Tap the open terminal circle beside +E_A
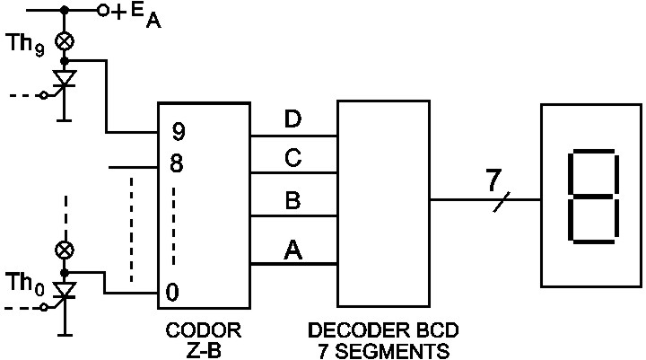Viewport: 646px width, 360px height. [104, 11]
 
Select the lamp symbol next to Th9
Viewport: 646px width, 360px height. [65, 40]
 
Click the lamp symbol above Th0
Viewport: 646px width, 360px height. [65, 249]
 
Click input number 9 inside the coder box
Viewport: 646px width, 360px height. [179, 133]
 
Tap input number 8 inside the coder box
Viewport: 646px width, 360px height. [179, 165]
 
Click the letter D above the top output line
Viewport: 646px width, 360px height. [292, 120]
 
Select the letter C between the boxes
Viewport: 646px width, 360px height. [292, 159]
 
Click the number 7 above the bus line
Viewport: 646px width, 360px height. [493, 180]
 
